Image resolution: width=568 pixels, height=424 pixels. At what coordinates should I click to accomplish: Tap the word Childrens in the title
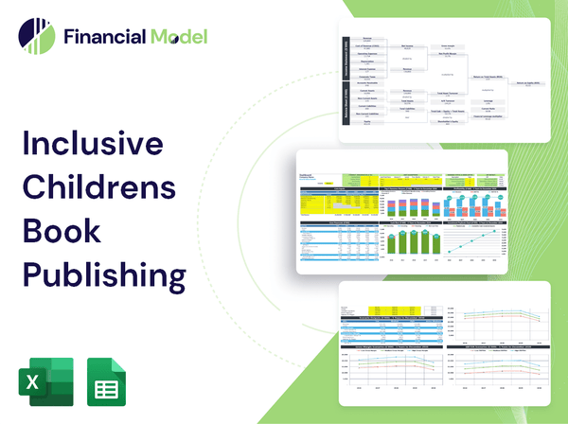pyautogui.click(x=98, y=187)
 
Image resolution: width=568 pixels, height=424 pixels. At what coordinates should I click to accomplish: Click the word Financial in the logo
pyautogui.click(x=103, y=37)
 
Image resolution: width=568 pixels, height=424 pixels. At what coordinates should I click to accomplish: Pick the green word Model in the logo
pyautogui.click(x=176, y=37)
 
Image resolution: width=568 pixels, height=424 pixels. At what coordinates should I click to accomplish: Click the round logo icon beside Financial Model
pyautogui.click(x=36, y=36)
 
